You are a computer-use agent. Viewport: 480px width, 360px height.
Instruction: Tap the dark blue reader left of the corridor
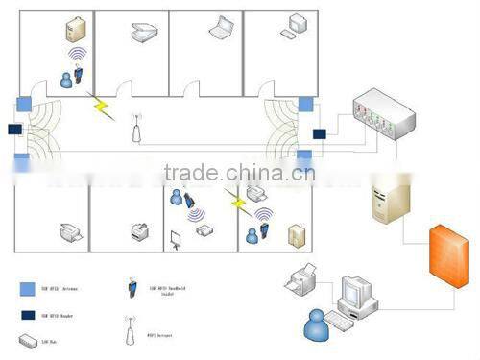tap(14, 129)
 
